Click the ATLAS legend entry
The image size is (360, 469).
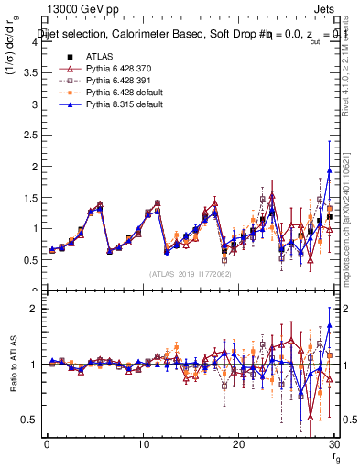[98, 57]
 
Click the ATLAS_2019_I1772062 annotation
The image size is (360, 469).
[191, 274]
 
